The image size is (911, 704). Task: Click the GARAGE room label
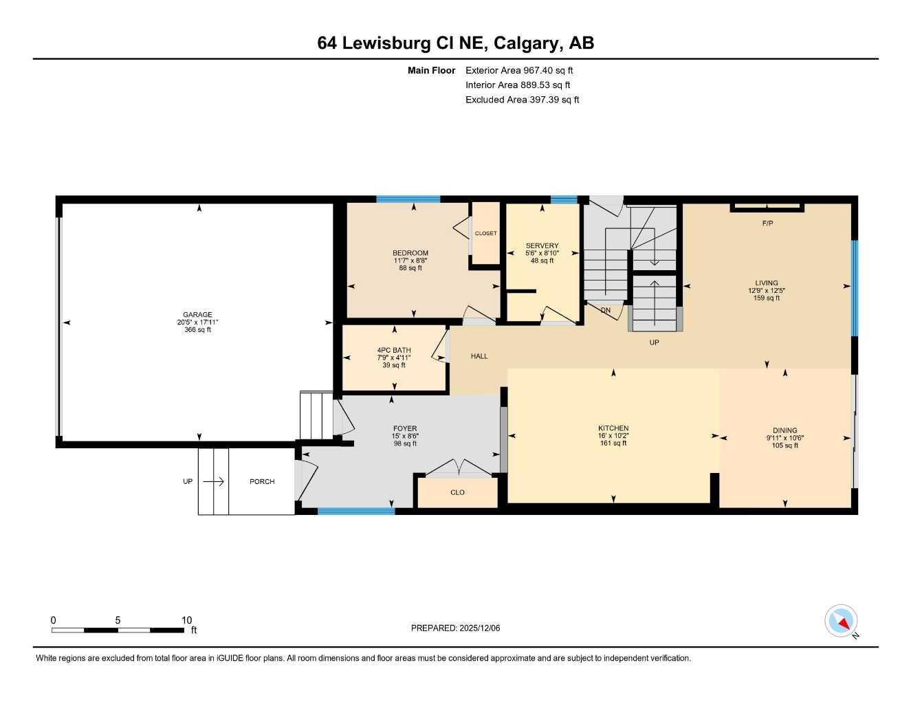tap(197, 315)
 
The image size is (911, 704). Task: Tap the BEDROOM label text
tap(410, 253)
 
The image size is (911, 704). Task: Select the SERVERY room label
tap(542, 245)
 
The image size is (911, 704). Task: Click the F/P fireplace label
tap(767, 223)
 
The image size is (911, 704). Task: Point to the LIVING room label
tap(767, 283)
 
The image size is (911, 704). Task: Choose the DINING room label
tap(784, 430)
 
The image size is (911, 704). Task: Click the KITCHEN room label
tap(613, 428)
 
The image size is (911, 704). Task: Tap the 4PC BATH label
tap(394, 350)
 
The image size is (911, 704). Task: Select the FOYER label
tap(405, 428)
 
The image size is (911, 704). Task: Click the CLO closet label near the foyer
tap(457, 492)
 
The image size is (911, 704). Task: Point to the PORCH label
tap(262, 481)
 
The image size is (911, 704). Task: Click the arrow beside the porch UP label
tap(214, 481)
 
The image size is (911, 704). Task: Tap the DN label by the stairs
tap(606, 310)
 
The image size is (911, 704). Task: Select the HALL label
tap(479, 356)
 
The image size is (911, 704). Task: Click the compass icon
tap(841, 621)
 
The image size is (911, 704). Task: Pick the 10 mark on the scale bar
tap(186, 620)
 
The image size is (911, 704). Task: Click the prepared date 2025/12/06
tap(480, 628)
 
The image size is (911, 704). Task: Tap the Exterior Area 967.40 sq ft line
tap(519, 70)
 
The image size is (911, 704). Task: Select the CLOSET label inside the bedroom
tap(485, 233)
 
